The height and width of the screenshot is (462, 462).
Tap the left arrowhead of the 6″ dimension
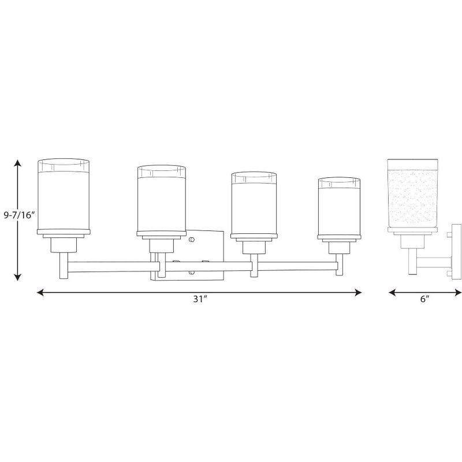tap(391, 293)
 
